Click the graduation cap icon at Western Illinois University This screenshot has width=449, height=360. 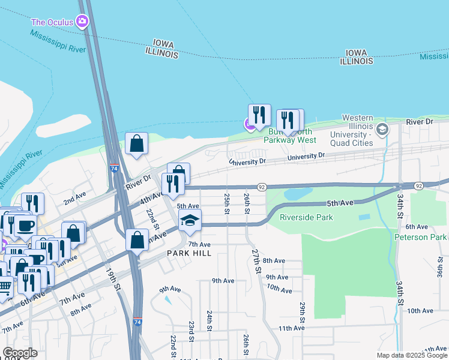pyautogui.click(x=382, y=128)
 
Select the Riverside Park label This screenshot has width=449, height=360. pyautogui.click(x=306, y=217)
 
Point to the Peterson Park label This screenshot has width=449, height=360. pyautogui.click(x=420, y=237)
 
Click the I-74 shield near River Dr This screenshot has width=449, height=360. pyautogui.click(x=113, y=169)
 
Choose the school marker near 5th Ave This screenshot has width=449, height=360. pyautogui.click(x=190, y=220)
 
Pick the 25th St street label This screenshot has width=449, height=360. pyautogui.click(x=227, y=203)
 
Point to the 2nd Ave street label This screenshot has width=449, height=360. pyautogui.click(x=75, y=199)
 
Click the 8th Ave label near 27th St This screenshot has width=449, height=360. pyautogui.click(x=274, y=260)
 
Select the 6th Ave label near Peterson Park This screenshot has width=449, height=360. pyautogui.click(x=416, y=226)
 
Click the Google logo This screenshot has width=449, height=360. pyautogui.click(x=20, y=352)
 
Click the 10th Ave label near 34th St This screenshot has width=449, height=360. pyautogui.click(x=420, y=310)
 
